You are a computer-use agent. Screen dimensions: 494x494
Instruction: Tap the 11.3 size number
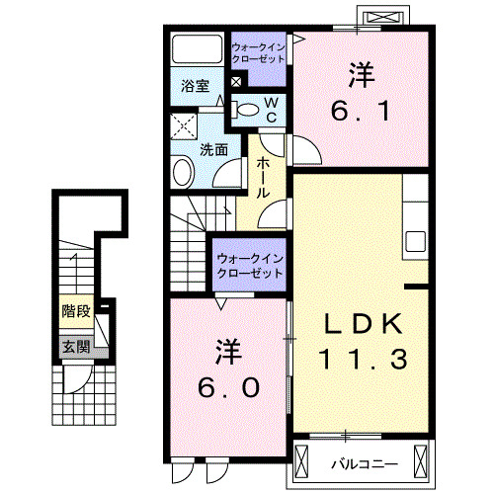coord(362,360)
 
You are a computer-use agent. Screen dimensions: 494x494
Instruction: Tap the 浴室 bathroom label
coord(194,86)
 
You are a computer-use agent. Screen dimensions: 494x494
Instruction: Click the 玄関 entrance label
coord(75,347)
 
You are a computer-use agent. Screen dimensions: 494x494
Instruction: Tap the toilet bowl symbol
coord(250,109)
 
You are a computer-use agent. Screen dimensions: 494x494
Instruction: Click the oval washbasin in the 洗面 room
coord(184,174)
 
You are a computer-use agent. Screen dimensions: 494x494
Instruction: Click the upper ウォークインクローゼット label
coord(258,51)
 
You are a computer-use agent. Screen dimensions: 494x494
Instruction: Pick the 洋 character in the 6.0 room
coord(227,353)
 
